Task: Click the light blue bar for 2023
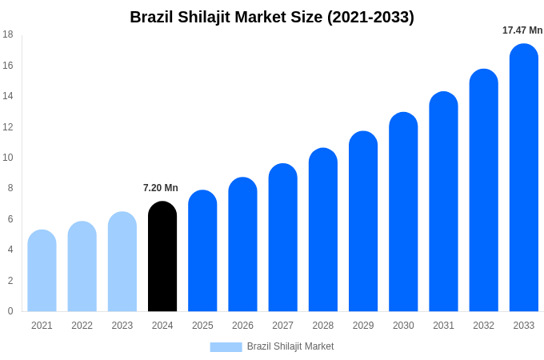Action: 122,262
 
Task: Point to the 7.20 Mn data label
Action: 161,188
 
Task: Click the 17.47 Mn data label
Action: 522,30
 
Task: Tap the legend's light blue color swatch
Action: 226,347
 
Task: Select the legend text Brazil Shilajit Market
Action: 290,346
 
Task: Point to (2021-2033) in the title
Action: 370,17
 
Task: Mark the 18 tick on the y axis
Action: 8,34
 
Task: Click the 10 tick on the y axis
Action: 8,158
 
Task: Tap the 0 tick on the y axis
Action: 10,311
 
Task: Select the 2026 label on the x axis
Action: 242,326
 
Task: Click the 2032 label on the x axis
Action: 483,326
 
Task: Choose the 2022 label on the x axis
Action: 82,326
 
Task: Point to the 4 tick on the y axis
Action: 10,250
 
